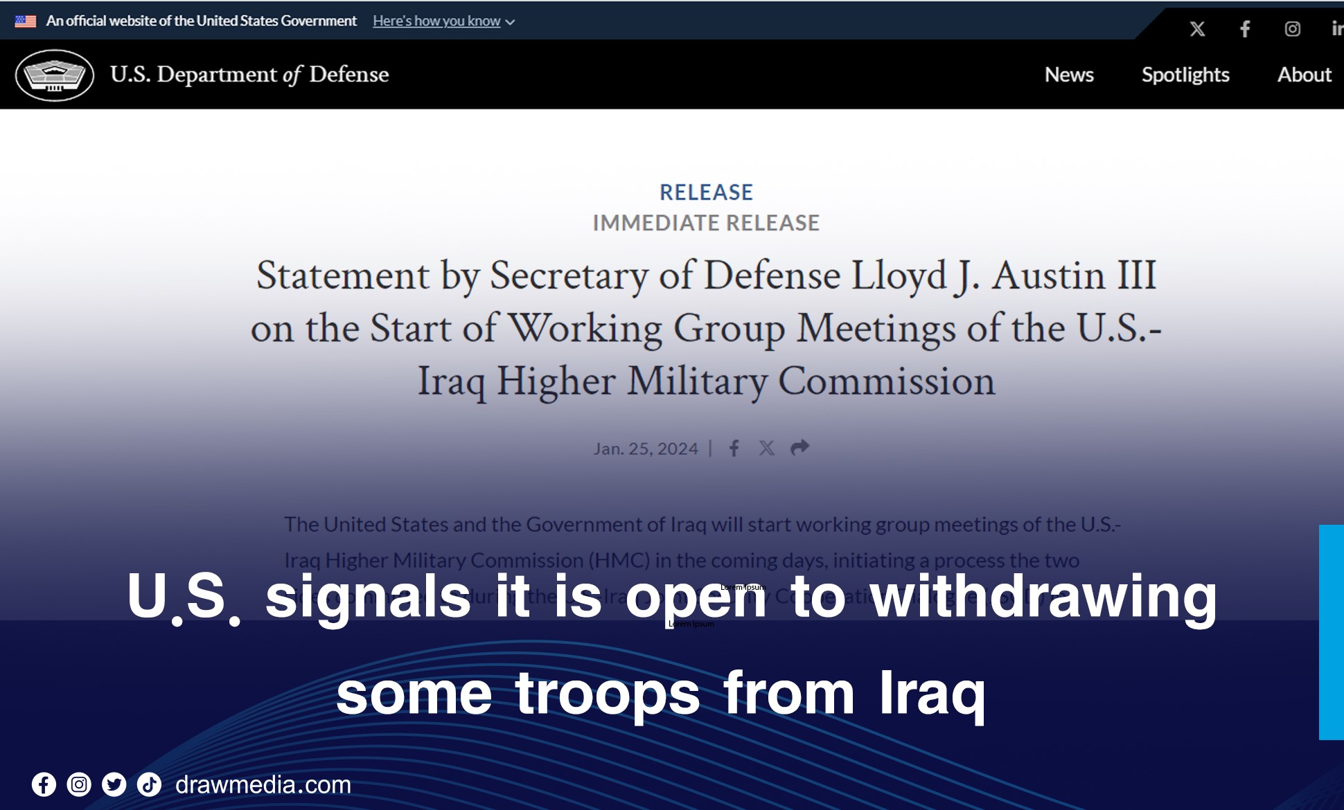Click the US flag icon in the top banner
coord(26,21)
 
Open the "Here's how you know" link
coord(436,21)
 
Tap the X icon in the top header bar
coord(1197,29)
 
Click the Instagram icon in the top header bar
coord(1292,29)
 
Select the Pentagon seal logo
coord(55,75)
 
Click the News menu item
coord(1069,75)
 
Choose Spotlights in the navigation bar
coord(1185,75)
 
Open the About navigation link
coord(1304,75)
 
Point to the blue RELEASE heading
coord(706,192)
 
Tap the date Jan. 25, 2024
coord(645,449)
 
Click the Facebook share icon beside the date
coord(734,449)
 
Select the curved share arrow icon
coord(799,448)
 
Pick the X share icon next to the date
coord(766,449)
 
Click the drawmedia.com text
coord(263,785)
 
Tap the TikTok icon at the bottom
coord(149,784)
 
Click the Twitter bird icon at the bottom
coord(114,784)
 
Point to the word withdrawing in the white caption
coord(1043,597)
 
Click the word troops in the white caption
coord(608,694)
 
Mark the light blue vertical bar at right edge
coord(1332,632)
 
